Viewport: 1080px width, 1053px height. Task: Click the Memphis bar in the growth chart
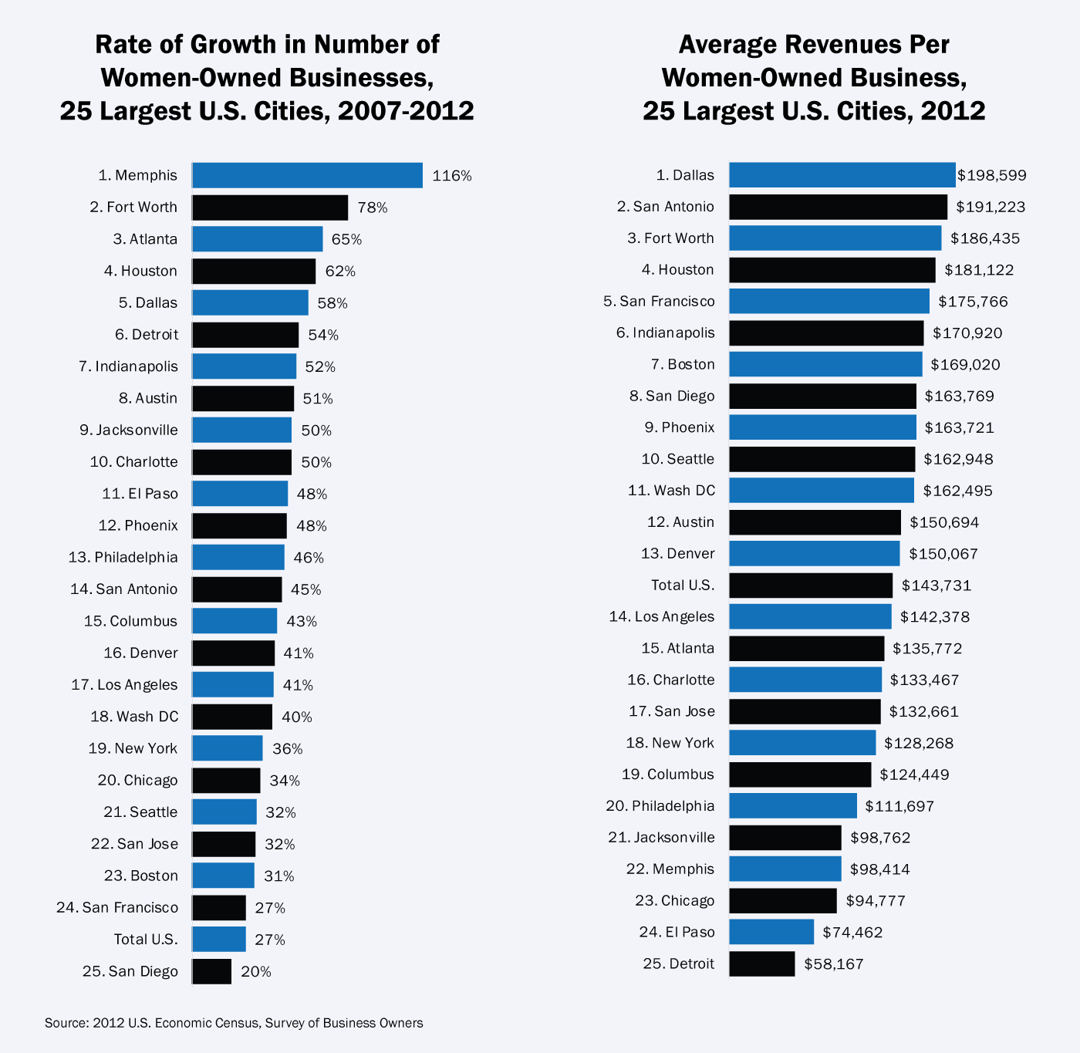[x=307, y=175]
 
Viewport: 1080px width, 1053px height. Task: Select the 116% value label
[x=452, y=176]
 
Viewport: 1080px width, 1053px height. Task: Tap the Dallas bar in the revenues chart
[x=842, y=175]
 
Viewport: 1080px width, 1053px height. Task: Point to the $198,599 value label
[x=992, y=176]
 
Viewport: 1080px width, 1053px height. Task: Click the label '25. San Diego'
[x=130, y=971]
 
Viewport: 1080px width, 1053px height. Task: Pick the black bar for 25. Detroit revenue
[x=761, y=964]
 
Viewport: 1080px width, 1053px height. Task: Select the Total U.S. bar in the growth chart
[x=219, y=939]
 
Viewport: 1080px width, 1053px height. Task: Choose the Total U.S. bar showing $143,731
[x=811, y=585]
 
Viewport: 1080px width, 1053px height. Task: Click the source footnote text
[x=234, y=1023]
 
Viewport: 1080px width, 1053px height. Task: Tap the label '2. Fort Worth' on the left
[x=133, y=207]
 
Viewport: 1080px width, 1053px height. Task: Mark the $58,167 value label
[x=834, y=964]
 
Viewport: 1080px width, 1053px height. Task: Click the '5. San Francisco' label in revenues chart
[x=659, y=301]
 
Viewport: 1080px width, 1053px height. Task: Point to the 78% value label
[x=373, y=208]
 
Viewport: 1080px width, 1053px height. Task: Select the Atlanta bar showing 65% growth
[x=257, y=239]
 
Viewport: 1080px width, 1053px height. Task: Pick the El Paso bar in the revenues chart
[x=771, y=932]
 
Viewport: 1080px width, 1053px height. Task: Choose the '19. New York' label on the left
[x=133, y=748]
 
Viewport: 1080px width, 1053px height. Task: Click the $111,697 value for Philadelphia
[x=899, y=806]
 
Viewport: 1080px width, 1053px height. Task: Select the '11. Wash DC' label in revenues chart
[x=671, y=491]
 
